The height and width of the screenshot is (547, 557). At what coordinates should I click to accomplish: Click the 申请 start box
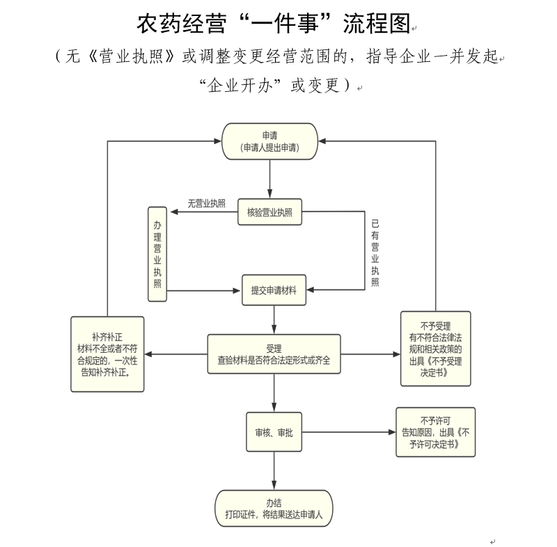269,141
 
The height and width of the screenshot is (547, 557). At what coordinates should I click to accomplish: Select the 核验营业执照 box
269,212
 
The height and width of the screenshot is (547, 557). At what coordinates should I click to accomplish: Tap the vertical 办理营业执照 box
157,253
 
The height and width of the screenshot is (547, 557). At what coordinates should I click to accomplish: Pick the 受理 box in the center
274,354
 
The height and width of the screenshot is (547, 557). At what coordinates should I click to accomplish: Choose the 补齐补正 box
109,355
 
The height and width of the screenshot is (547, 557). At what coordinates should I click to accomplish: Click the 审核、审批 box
274,433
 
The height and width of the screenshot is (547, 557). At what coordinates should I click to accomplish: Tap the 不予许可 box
436,432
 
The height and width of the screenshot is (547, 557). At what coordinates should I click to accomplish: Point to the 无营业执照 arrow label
207,203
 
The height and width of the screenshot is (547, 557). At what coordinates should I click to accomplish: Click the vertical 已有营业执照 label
375,253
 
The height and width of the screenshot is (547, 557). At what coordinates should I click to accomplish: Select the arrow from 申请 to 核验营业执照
269,179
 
